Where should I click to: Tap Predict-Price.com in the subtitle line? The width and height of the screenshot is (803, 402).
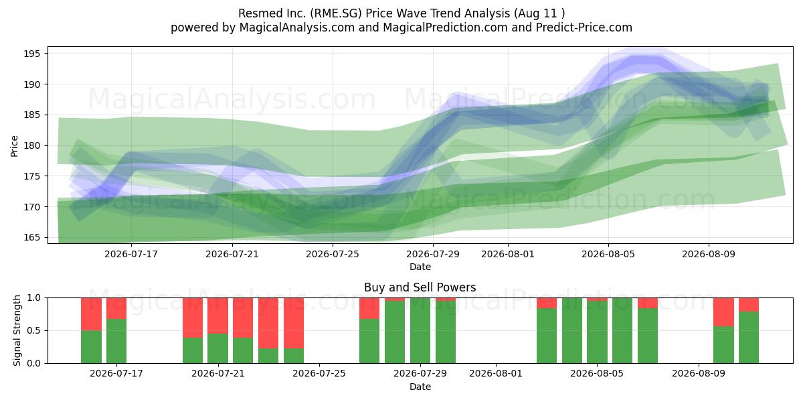click(584, 27)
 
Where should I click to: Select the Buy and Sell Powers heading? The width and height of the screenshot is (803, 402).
click(420, 287)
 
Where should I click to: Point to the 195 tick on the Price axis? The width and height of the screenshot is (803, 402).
click(32, 54)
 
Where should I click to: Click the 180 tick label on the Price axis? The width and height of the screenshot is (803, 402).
click(32, 146)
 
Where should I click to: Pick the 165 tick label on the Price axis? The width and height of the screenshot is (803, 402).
click(32, 238)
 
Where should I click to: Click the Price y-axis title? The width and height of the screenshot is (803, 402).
click(14, 146)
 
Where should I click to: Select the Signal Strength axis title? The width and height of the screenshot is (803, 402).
click(17, 330)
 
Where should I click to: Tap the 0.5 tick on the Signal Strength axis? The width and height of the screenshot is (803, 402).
click(34, 330)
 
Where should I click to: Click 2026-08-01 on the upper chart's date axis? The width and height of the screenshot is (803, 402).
click(508, 254)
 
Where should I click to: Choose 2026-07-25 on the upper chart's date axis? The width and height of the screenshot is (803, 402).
click(333, 254)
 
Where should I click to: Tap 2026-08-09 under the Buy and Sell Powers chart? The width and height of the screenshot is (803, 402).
click(699, 374)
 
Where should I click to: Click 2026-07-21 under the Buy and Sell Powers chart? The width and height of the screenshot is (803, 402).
click(218, 374)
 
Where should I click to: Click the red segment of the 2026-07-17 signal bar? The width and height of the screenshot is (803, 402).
click(116, 308)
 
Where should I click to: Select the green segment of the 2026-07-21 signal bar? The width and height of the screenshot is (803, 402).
click(218, 348)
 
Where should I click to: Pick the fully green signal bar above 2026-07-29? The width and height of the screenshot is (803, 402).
click(420, 330)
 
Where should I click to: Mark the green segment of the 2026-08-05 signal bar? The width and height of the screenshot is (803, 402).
click(597, 332)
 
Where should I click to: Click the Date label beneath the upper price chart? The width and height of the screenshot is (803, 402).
click(420, 267)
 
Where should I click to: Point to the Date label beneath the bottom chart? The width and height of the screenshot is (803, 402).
click(420, 387)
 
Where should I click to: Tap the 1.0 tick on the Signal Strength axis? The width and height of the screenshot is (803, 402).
click(34, 298)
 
